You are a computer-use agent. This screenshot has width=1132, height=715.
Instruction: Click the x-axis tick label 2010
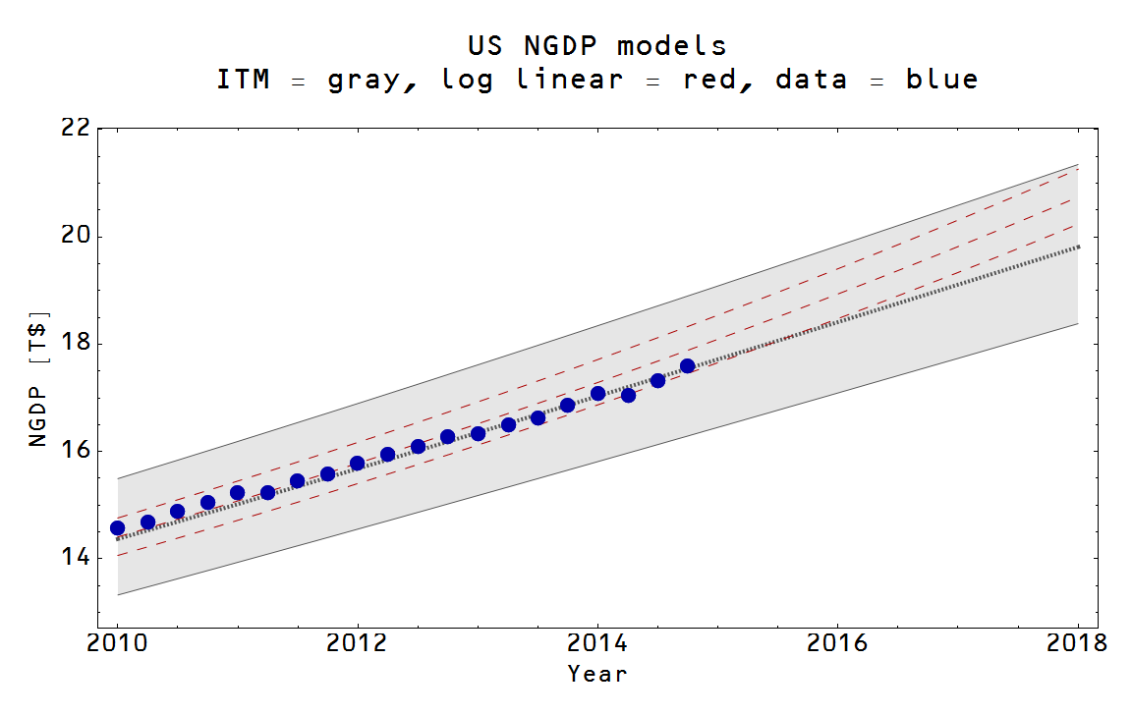118,643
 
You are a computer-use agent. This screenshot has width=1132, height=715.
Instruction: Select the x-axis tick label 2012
358,643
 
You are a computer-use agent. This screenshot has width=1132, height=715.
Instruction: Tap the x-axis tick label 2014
597,643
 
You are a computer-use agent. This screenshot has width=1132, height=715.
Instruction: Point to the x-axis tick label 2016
837,643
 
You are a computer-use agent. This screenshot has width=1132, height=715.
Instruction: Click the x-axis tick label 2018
1078,643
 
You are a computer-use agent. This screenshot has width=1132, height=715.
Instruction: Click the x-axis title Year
597,674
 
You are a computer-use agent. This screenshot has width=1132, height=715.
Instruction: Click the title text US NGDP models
597,45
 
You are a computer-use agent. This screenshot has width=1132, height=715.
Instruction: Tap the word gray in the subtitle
365,80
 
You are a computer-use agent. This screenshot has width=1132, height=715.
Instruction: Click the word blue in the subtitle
941,80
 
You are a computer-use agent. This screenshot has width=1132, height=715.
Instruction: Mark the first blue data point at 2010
118,528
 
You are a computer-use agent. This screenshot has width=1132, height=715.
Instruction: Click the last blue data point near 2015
687,366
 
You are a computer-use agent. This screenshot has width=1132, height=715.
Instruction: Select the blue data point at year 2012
358,463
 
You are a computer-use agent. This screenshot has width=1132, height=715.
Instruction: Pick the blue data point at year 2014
597,394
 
